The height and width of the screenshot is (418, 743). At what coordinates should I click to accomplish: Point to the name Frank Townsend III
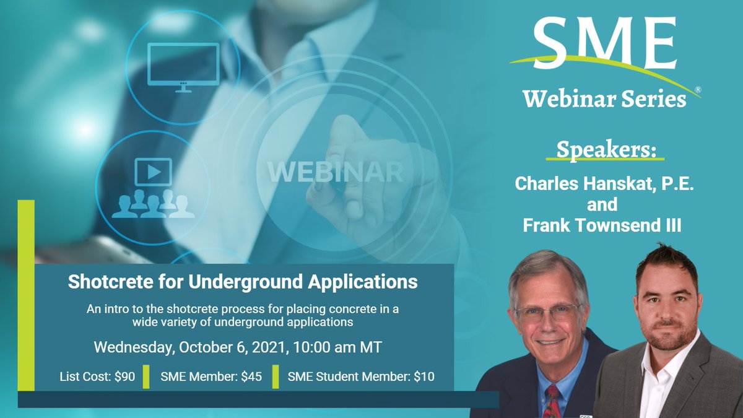[x=602, y=226]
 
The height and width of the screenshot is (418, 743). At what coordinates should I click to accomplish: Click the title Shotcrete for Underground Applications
[x=243, y=282]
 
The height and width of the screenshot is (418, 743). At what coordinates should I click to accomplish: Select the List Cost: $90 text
[x=97, y=377]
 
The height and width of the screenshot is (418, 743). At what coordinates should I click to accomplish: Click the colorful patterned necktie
[x=551, y=399]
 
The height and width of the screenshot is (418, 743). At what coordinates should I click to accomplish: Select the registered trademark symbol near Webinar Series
[x=698, y=90]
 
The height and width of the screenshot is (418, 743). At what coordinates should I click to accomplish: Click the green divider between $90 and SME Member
[x=146, y=377]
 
